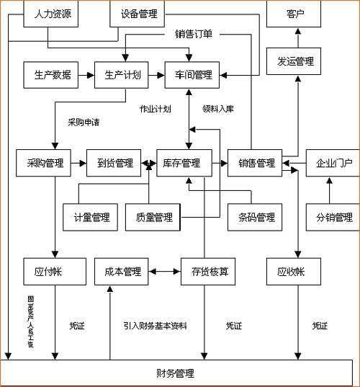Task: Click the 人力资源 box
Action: (51, 14)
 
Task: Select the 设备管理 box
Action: (139, 14)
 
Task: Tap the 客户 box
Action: (294, 14)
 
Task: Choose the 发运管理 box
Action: (294, 61)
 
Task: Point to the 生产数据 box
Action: (53, 75)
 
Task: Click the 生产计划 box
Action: (122, 75)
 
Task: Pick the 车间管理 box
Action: (193, 75)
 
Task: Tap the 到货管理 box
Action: (114, 163)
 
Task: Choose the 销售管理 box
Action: (256, 163)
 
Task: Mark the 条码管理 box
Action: (256, 217)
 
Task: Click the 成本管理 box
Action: (122, 272)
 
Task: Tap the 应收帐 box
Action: (291, 272)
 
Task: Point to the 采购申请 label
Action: (84, 123)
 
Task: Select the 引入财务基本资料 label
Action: (155, 326)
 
